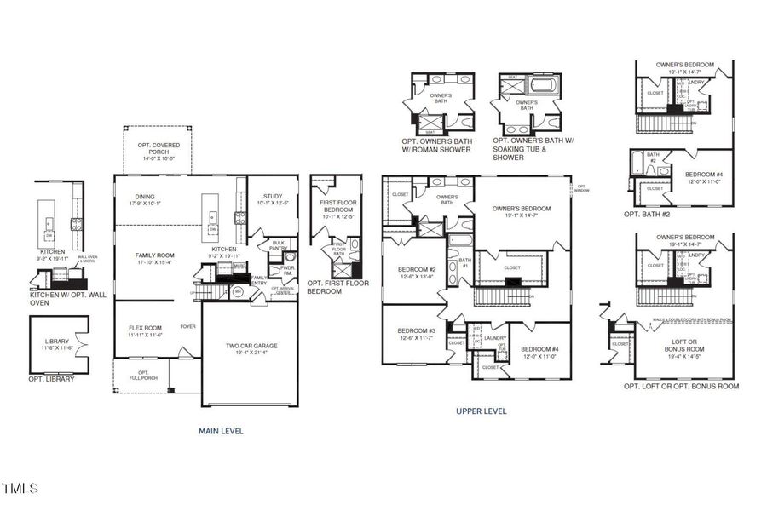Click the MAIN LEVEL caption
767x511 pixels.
click(x=221, y=431)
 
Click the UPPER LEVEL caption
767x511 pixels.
click(x=482, y=411)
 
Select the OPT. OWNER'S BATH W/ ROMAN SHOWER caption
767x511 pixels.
click(x=436, y=145)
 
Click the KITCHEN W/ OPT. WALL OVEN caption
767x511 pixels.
click(x=61, y=297)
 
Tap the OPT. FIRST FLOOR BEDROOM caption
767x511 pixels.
click(x=337, y=287)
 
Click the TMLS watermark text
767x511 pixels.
click(x=20, y=489)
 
